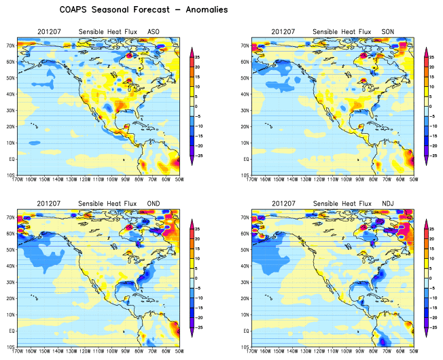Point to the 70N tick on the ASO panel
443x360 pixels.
point(12,46)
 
